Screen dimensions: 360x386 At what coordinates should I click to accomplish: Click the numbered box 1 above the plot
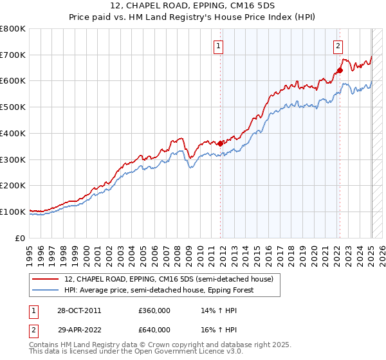coord(219,46)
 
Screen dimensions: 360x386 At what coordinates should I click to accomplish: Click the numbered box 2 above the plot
coord(338,46)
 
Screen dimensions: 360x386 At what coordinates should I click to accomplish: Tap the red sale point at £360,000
coord(220,143)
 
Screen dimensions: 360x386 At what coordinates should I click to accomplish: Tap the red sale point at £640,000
coord(340,70)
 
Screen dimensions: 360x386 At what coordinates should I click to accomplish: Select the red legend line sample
coord(45,279)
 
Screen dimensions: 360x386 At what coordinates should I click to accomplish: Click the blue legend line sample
coord(45,290)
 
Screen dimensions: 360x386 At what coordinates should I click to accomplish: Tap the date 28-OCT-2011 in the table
coord(78,310)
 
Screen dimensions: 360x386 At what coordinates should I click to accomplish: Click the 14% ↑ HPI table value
coord(210,310)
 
